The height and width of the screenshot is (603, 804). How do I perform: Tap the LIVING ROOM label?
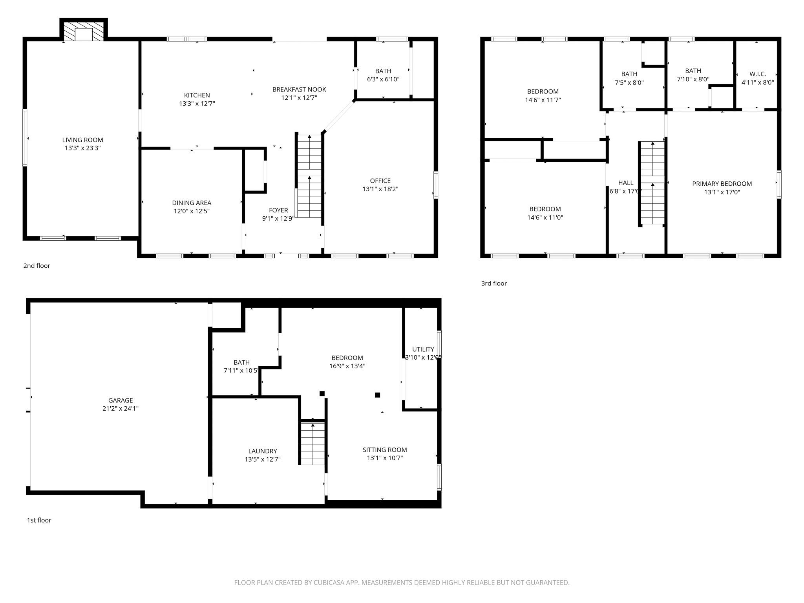(x=82, y=140)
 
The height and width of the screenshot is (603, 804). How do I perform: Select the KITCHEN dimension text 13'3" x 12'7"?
(x=197, y=104)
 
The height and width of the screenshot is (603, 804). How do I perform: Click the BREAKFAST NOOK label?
(x=299, y=90)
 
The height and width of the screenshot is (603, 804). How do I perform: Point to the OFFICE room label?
(x=380, y=181)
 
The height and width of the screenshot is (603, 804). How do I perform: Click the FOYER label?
(x=278, y=210)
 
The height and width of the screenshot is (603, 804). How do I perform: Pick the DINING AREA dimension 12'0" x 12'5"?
(x=192, y=211)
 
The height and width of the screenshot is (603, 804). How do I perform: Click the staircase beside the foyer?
(x=309, y=177)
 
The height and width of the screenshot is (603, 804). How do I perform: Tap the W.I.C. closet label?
(x=757, y=74)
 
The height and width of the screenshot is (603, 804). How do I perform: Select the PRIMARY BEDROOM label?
(x=722, y=184)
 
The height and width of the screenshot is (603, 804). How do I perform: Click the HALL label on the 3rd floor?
(x=626, y=183)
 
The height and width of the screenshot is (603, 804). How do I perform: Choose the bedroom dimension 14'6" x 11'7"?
(x=543, y=100)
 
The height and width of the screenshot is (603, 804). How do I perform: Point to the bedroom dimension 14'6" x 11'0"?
(x=545, y=217)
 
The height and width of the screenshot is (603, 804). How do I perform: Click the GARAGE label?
(x=121, y=400)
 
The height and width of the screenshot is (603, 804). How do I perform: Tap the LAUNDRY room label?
(x=263, y=451)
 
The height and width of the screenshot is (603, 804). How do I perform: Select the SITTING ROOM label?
(x=385, y=450)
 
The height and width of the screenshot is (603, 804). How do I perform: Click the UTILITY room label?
(x=423, y=349)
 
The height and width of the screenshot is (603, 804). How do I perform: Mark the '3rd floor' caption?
(x=494, y=283)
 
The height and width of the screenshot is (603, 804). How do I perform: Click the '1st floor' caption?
(x=39, y=520)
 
